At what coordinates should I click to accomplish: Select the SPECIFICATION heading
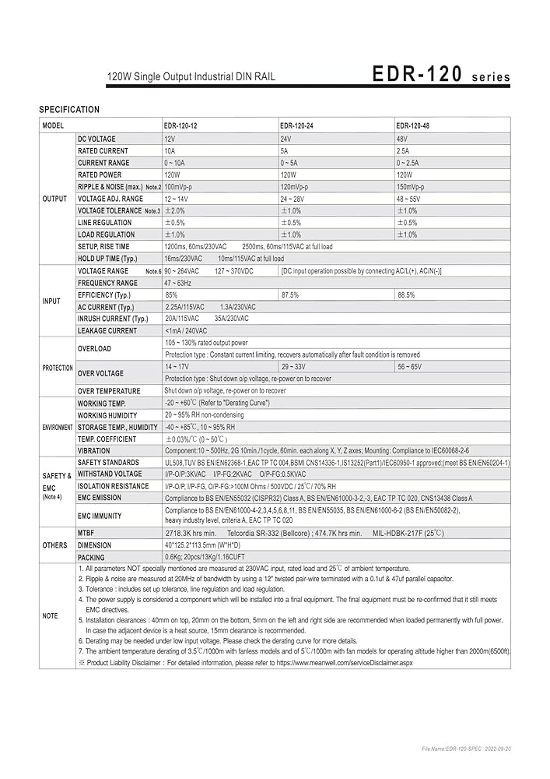(x=69, y=110)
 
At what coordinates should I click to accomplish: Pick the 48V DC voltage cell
(x=402, y=138)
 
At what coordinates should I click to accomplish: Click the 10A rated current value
(x=170, y=150)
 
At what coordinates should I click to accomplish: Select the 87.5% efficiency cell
(x=290, y=295)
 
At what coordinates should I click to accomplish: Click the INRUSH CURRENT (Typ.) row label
(x=113, y=319)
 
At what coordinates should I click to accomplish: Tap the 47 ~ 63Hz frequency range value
(x=178, y=283)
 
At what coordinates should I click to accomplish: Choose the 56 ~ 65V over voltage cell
(x=409, y=366)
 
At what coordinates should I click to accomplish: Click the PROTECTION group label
(x=58, y=368)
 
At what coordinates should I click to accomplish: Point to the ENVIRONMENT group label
(x=58, y=428)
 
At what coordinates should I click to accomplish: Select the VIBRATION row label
(x=94, y=450)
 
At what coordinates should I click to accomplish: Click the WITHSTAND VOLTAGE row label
(x=110, y=474)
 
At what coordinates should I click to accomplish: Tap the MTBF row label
(x=86, y=533)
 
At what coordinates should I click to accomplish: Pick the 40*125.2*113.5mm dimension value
(x=201, y=545)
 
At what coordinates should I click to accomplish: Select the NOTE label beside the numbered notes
(x=50, y=615)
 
